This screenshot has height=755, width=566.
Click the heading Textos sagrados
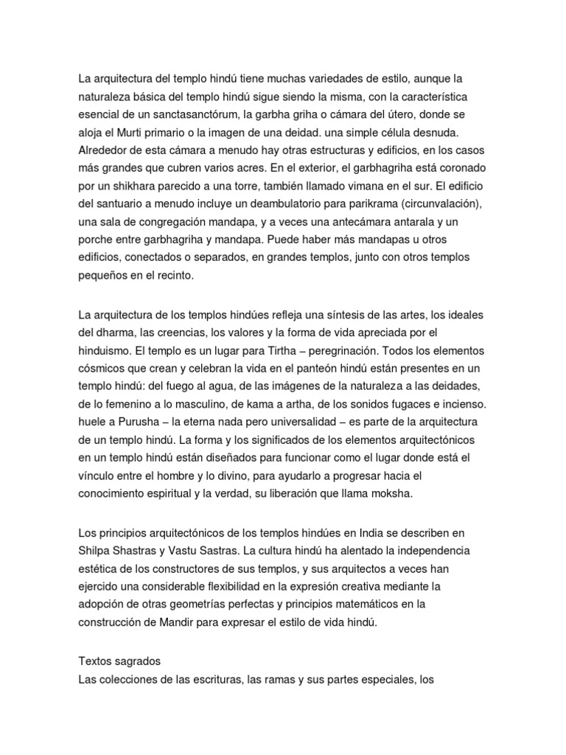point(119,662)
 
